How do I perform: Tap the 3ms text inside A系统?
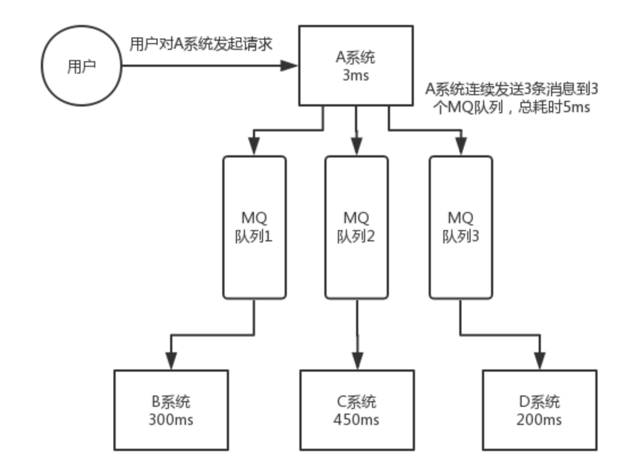click(x=355, y=75)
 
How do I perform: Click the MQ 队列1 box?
click(x=254, y=227)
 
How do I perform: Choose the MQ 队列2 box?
click(x=356, y=227)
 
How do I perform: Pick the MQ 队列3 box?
click(x=460, y=227)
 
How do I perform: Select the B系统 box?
click(x=171, y=410)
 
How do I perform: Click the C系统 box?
click(x=357, y=410)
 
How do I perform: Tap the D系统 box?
click(x=539, y=410)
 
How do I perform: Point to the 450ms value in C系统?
click(x=357, y=420)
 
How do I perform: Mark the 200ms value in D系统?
click(x=539, y=420)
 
